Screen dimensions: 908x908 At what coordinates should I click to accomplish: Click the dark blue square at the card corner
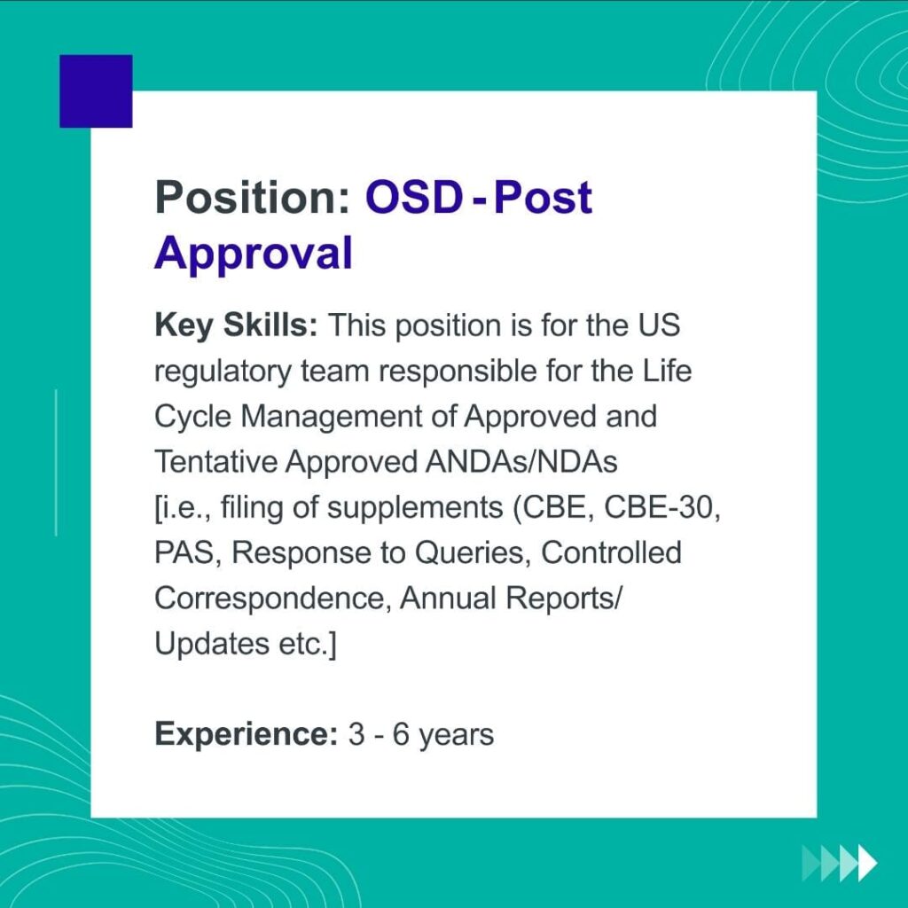tap(96, 91)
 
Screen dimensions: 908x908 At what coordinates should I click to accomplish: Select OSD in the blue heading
tap(414, 197)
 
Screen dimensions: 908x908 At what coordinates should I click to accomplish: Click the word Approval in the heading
tap(253, 253)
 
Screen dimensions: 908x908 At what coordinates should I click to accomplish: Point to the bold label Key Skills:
tap(236, 326)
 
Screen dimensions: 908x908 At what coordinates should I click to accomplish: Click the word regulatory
tap(223, 372)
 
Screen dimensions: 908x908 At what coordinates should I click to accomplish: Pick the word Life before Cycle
tap(667, 371)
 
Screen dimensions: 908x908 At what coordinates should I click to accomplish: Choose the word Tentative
tap(216, 462)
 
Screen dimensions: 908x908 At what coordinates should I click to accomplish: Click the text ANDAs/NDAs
tap(521, 462)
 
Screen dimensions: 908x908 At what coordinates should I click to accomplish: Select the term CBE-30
tap(662, 508)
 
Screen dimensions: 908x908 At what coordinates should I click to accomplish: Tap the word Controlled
tap(611, 552)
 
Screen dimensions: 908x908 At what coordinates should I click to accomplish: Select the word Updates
tap(212, 644)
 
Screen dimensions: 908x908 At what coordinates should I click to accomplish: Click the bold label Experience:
tap(247, 735)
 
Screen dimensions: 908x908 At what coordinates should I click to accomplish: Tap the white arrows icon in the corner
tap(840, 863)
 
